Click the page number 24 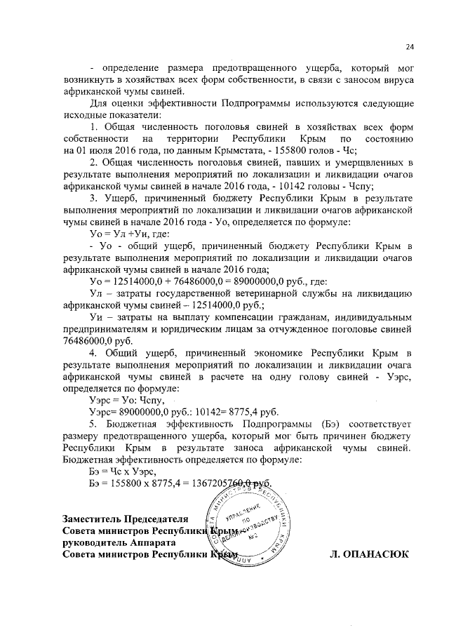pyautogui.click(x=410, y=47)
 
